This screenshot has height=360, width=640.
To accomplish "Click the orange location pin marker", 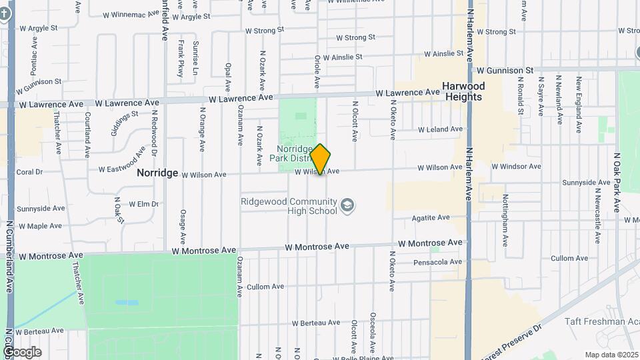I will click(x=320, y=159).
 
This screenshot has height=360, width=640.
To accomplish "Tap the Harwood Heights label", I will click(x=463, y=91).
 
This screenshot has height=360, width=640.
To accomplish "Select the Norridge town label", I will click(x=157, y=173).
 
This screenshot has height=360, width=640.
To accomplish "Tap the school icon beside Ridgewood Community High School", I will click(x=347, y=205).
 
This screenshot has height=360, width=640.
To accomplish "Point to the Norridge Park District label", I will click(x=293, y=153).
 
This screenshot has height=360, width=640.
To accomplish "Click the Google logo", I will click(x=22, y=351).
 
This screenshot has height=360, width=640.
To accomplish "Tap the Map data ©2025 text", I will click(x=611, y=355).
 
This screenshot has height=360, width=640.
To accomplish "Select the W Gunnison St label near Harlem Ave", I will click(x=503, y=70).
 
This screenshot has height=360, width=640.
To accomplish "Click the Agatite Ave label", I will click(x=431, y=218).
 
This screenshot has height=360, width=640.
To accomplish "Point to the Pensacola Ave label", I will click(x=437, y=262).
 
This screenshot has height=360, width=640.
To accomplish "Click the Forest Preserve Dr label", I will click(x=512, y=343).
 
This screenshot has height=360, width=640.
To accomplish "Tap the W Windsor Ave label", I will click(x=516, y=166).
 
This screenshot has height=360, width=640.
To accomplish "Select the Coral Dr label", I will click(x=29, y=171).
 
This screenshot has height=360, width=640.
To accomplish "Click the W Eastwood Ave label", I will click(x=122, y=160).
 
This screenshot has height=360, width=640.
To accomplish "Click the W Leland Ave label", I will click(x=440, y=129).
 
